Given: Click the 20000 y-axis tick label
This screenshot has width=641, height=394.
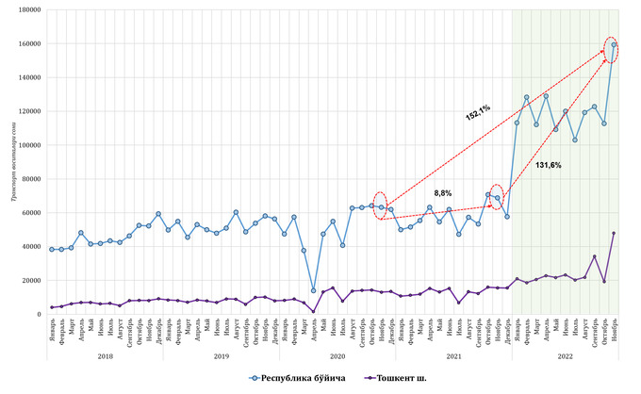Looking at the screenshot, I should (x=28, y=280).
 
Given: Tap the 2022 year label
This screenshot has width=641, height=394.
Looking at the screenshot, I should (x=566, y=356).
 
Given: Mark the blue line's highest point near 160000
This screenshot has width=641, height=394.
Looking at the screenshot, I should (x=614, y=44).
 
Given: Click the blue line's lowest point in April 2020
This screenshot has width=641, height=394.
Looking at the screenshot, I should (x=313, y=290).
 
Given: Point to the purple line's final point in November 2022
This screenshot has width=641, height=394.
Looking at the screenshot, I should (x=614, y=233).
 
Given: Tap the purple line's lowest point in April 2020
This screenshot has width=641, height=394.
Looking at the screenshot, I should (x=313, y=311).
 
